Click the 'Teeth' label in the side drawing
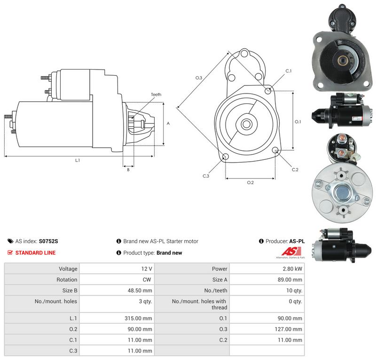[x=156, y=94]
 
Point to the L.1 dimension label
[x=78, y=160]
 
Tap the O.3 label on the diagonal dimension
[x=199, y=78]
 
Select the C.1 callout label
[x=289, y=71]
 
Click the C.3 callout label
[x=206, y=176]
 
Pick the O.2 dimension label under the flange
[x=251, y=182]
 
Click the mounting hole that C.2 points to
[x=275, y=150]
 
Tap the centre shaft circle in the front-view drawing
[x=246, y=124]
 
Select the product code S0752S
[x=48, y=241]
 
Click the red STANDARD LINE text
[x=36, y=253]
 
